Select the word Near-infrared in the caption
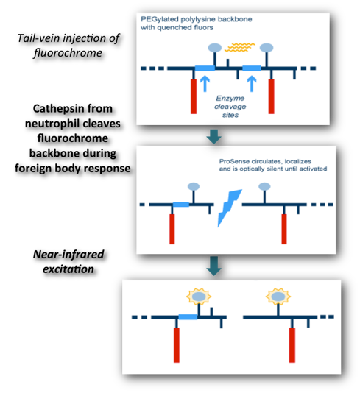click(x=68, y=254)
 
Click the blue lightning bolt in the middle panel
click(x=230, y=208)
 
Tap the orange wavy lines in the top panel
click(x=240, y=47)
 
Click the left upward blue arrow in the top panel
click(x=205, y=83)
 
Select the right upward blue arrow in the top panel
click(x=252, y=83)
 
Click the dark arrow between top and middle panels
click(x=213, y=137)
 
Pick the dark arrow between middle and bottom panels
click(x=213, y=266)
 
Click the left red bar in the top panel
click(x=194, y=96)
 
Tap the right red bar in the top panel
click(x=271, y=96)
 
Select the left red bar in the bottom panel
click(x=177, y=345)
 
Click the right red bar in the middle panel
click(x=284, y=229)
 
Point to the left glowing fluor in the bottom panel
click(x=199, y=297)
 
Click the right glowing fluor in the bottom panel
click(x=278, y=297)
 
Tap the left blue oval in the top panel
click(x=215, y=48)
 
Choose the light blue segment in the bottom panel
click(x=188, y=317)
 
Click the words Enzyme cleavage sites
click(x=230, y=107)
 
